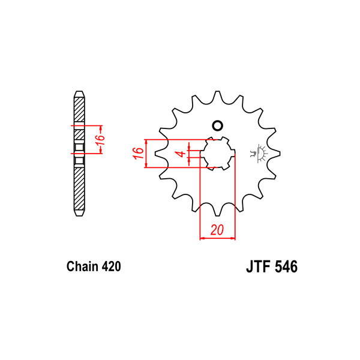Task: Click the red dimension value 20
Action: click(217, 230)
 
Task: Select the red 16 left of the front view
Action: click(137, 154)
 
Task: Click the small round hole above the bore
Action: click(217, 126)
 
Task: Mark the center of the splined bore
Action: click(217, 154)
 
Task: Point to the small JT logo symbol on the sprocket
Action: click(261, 152)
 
